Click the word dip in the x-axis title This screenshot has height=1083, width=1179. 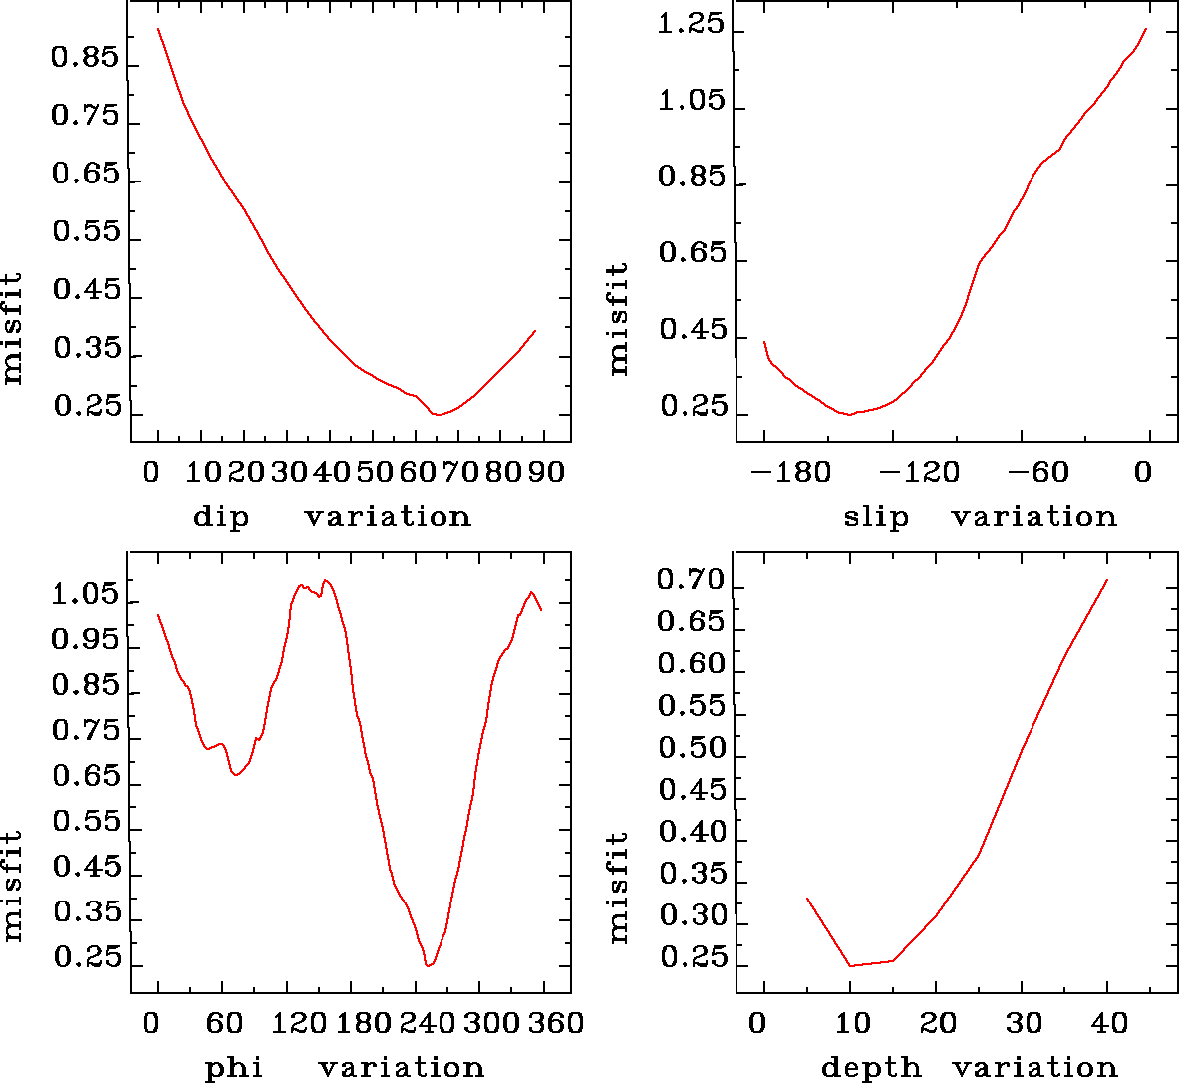tap(221, 517)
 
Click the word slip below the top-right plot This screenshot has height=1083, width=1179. tap(876, 516)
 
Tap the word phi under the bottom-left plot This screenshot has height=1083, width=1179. tap(234, 1068)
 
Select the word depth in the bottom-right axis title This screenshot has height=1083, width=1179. tap(871, 1068)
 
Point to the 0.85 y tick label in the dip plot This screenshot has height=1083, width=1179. tap(85, 58)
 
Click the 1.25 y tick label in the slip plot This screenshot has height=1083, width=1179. tap(690, 25)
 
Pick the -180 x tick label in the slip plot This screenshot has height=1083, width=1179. tap(787, 472)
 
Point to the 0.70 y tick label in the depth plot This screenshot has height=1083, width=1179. tap(690, 581)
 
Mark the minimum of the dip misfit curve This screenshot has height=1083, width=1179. tap(437, 414)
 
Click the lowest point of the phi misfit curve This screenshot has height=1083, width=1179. tap(428, 965)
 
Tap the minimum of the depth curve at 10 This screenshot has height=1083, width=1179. tap(850, 965)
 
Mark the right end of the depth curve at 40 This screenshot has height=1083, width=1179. tap(1107, 580)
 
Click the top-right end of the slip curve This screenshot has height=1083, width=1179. tap(1147, 29)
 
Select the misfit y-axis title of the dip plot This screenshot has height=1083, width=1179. tap(12, 328)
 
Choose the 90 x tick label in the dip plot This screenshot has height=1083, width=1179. tap(545, 472)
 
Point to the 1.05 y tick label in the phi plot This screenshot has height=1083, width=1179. tap(85, 596)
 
